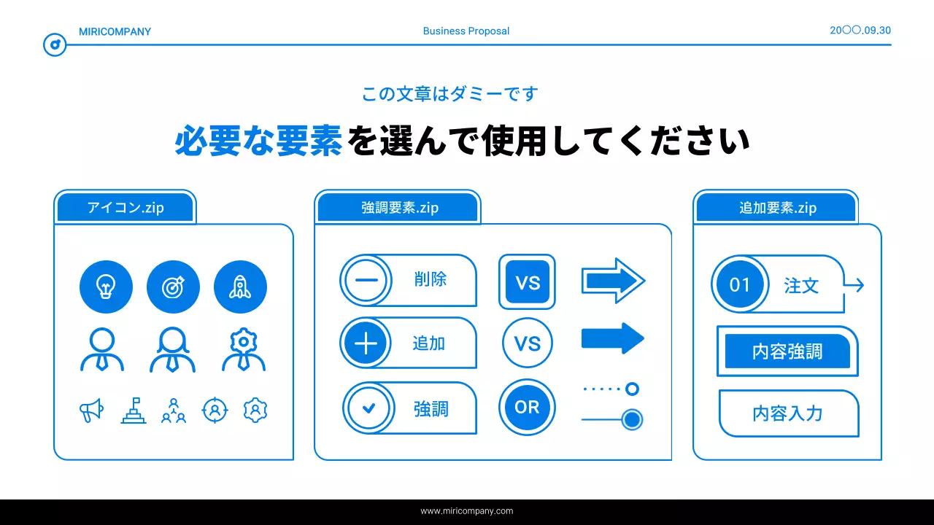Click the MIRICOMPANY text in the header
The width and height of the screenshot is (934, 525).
click(115, 31)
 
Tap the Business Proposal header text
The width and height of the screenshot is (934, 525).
click(466, 31)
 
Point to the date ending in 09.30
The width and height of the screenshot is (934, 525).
click(860, 31)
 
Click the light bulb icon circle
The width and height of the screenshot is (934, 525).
click(106, 287)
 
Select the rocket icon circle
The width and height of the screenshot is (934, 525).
click(240, 287)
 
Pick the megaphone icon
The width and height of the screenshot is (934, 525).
click(91, 411)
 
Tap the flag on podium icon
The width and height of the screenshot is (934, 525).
click(133, 411)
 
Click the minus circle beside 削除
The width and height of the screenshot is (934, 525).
click(366, 280)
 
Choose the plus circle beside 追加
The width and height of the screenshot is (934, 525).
click(366, 343)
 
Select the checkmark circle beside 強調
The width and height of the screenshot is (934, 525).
click(368, 408)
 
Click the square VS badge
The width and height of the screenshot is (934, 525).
click(527, 281)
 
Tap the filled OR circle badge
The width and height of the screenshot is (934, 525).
click(527, 408)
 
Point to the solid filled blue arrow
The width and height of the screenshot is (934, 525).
click(612, 338)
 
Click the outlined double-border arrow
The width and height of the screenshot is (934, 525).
click(612, 280)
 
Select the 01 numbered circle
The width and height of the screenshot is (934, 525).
click(740, 284)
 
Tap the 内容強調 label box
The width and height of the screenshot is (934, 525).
click(787, 351)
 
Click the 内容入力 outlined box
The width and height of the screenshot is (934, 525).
click(788, 413)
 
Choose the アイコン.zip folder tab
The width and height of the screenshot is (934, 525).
click(126, 208)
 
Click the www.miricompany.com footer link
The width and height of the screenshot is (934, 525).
click(467, 511)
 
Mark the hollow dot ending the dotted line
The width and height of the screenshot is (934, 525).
click(632, 389)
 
